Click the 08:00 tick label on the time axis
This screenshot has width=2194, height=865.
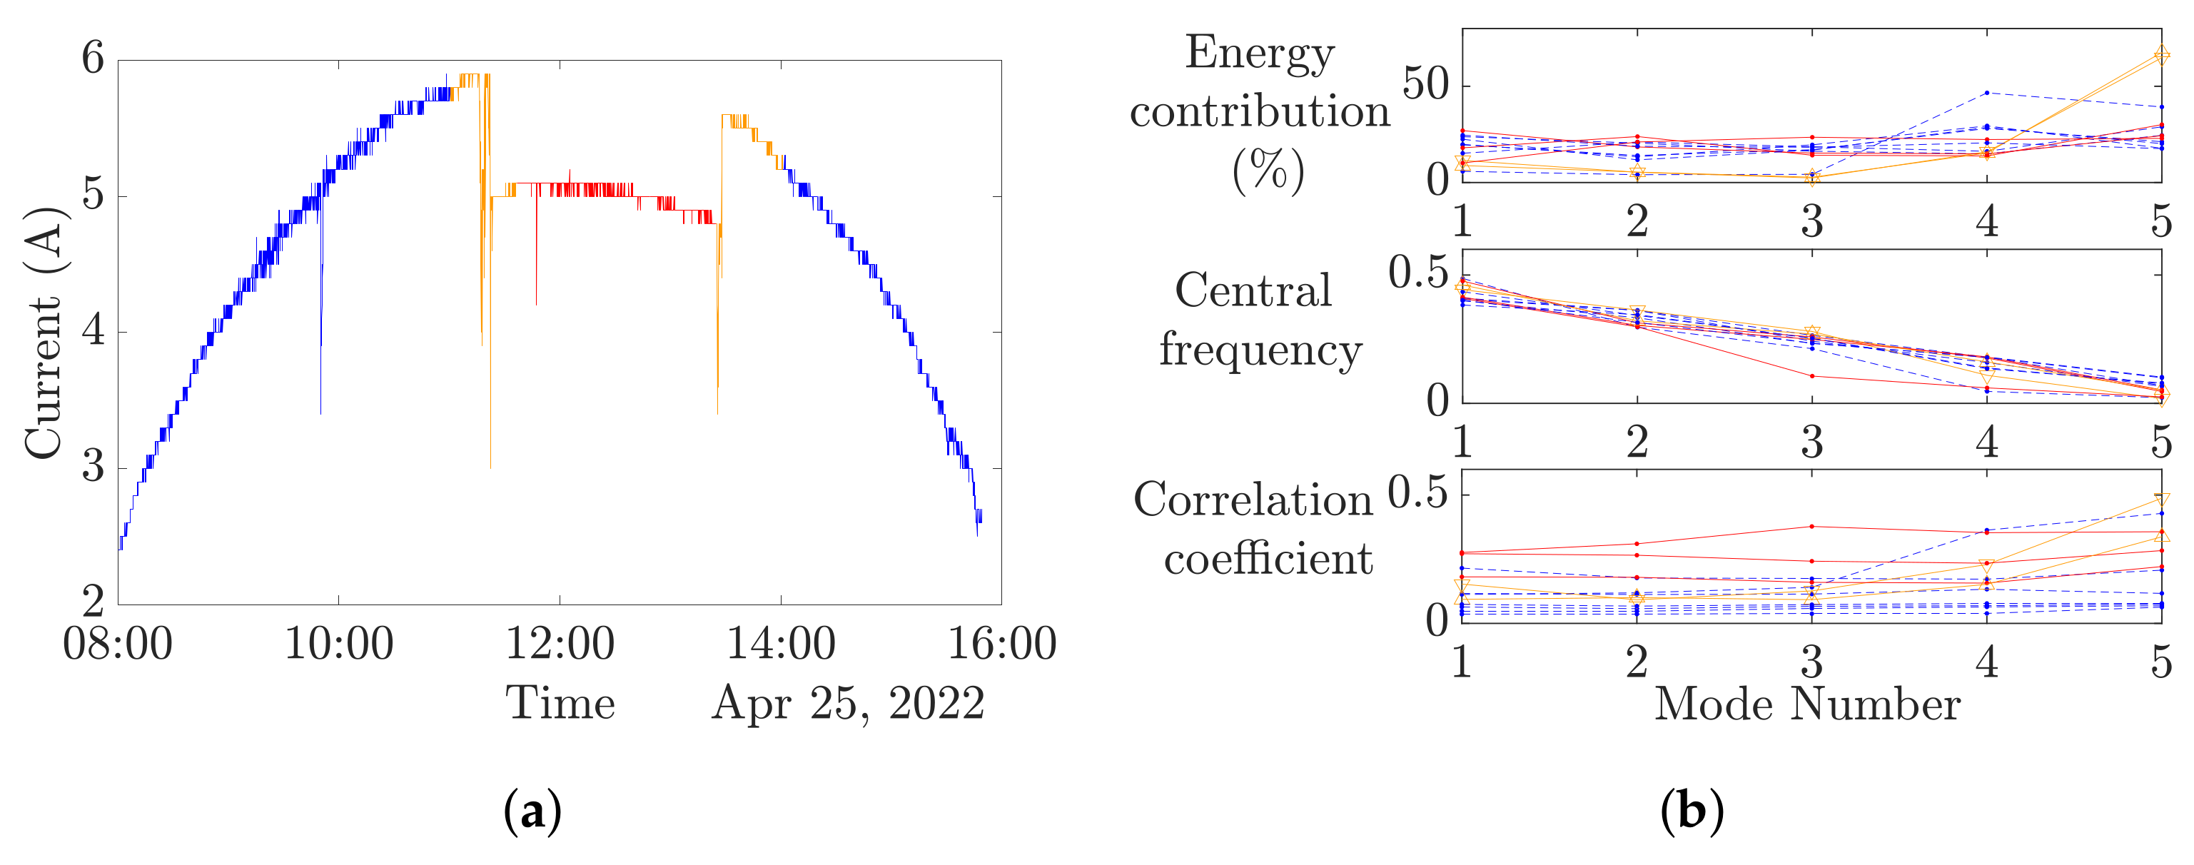pos(118,644)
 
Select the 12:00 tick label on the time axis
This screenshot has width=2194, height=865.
pos(560,644)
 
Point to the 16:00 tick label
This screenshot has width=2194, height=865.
pos(1001,644)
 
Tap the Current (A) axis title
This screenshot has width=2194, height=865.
pos(44,332)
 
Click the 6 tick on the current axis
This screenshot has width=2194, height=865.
pos(93,60)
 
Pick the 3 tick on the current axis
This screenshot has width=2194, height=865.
pos(93,467)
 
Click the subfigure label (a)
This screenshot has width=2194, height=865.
pos(532,811)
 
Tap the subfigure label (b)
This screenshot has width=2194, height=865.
pos(1692,811)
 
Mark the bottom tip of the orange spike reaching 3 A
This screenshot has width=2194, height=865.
pos(490,467)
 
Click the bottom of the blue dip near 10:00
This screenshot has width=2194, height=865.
pos(320,413)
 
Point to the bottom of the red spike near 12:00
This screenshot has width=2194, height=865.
pos(536,304)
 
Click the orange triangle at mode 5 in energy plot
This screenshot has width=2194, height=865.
pos(2160,56)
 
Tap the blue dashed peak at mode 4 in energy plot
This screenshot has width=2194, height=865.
pos(1986,92)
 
